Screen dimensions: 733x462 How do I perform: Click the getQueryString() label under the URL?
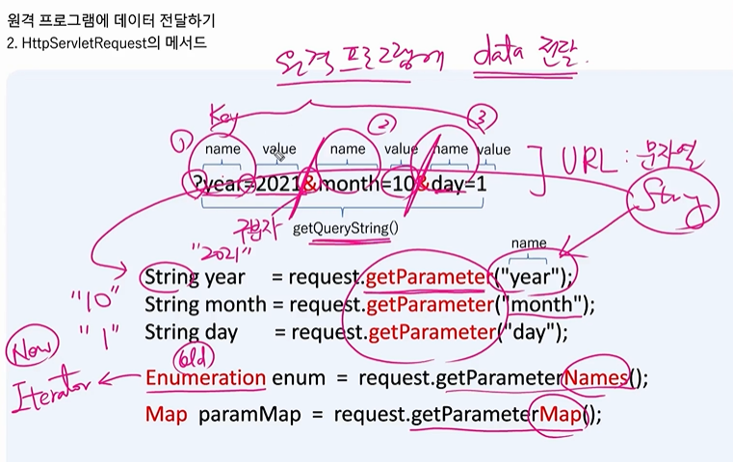(345, 229)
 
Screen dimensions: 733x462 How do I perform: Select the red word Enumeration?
(205, 377)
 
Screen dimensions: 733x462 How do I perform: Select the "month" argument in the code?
(547, 305)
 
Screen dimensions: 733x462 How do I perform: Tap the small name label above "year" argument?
(529, 244)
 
